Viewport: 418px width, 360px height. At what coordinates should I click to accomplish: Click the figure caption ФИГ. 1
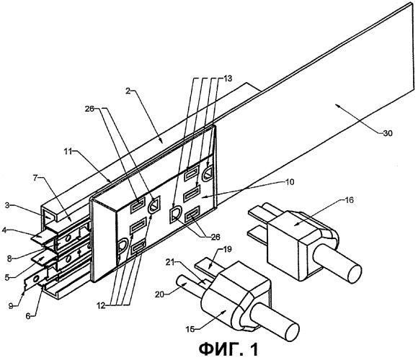point(228,349)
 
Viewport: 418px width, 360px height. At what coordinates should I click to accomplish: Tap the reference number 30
point(387,133)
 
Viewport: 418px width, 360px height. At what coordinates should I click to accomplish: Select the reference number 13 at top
point(228,78)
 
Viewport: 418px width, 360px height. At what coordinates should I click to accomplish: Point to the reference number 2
point(128,91)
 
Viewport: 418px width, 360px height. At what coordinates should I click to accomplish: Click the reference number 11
point(68,152)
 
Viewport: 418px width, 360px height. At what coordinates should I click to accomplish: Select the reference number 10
point(290,182)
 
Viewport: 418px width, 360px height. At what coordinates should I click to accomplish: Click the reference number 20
point(160,294)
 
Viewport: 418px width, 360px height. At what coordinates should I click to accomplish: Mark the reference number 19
point(227,249)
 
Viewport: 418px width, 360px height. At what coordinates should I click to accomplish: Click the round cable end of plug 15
point(292,333)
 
